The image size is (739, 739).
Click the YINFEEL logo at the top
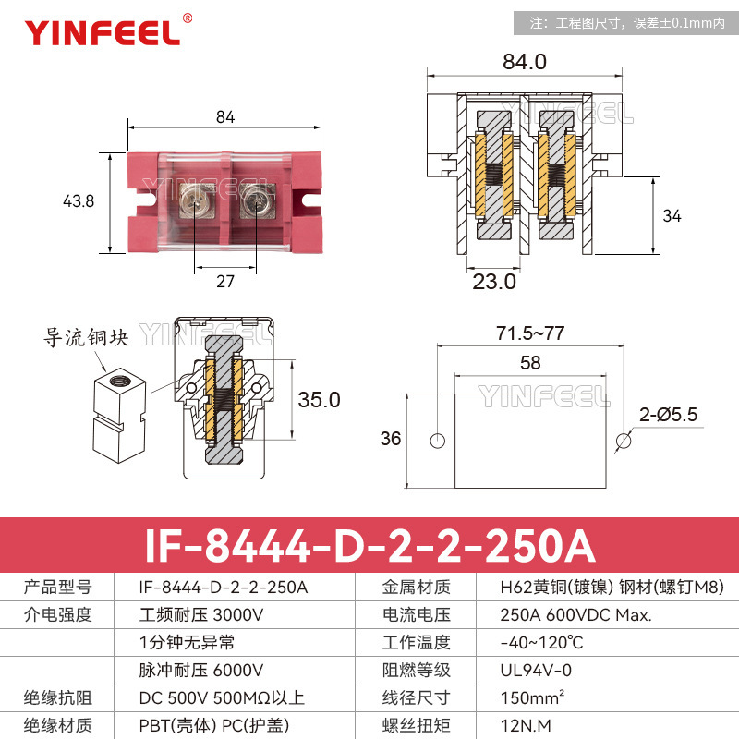tap(103, 32)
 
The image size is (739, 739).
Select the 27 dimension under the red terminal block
tap(225, 283)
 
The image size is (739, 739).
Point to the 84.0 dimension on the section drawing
tap(525, 62)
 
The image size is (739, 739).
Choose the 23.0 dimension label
tap(494, 282)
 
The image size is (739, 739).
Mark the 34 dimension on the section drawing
tap(672, 216)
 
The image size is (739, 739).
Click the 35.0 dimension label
tap(319, 400)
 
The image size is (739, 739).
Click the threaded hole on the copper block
tap(119, 378)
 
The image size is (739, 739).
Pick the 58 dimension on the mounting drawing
tap(529, 363)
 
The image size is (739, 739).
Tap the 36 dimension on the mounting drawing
tap(391, 439)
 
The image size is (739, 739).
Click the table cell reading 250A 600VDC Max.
tap(563, 614)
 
